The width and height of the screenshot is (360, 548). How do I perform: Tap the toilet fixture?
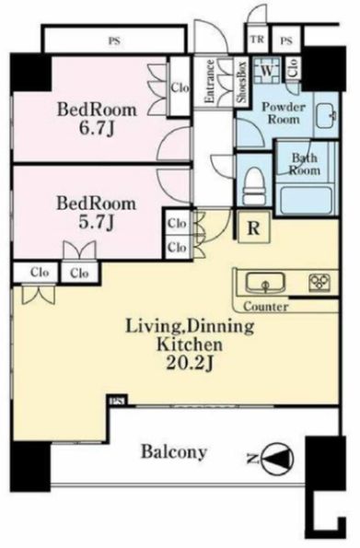click(x=254, y=185)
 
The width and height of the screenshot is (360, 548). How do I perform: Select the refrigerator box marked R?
click(x=254, y=227)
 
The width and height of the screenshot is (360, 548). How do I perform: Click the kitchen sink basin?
click(x=264, y=284)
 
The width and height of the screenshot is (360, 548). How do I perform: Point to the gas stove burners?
click(x=319, y=283)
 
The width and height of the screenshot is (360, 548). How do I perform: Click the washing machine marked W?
click(x=266, y=70)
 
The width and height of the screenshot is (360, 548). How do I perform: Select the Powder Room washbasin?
click(x=326, y=116)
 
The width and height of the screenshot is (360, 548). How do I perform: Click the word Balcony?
click(x=174, y=451)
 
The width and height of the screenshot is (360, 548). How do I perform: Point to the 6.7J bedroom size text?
click(x=97, y=129)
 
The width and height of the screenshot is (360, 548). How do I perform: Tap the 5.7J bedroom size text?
click(x=97, y=222)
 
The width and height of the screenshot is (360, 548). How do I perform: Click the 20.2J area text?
click(x=190, y=364)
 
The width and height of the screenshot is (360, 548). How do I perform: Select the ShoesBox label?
click(x=242, y=81)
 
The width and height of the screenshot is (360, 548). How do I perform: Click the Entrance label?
click(x=209, y=81)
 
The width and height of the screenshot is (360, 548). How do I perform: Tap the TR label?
click(x=257, y=39)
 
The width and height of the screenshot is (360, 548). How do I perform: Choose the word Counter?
click(x=266, y=307)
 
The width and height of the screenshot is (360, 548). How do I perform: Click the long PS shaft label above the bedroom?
click(x=114, y=41)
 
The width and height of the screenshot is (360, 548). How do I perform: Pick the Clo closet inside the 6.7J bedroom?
click(x=180, y=87)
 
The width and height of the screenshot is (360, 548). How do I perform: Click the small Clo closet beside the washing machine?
click(x=293, y=68)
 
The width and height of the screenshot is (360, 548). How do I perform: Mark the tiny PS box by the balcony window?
click(x=118, y=401)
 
